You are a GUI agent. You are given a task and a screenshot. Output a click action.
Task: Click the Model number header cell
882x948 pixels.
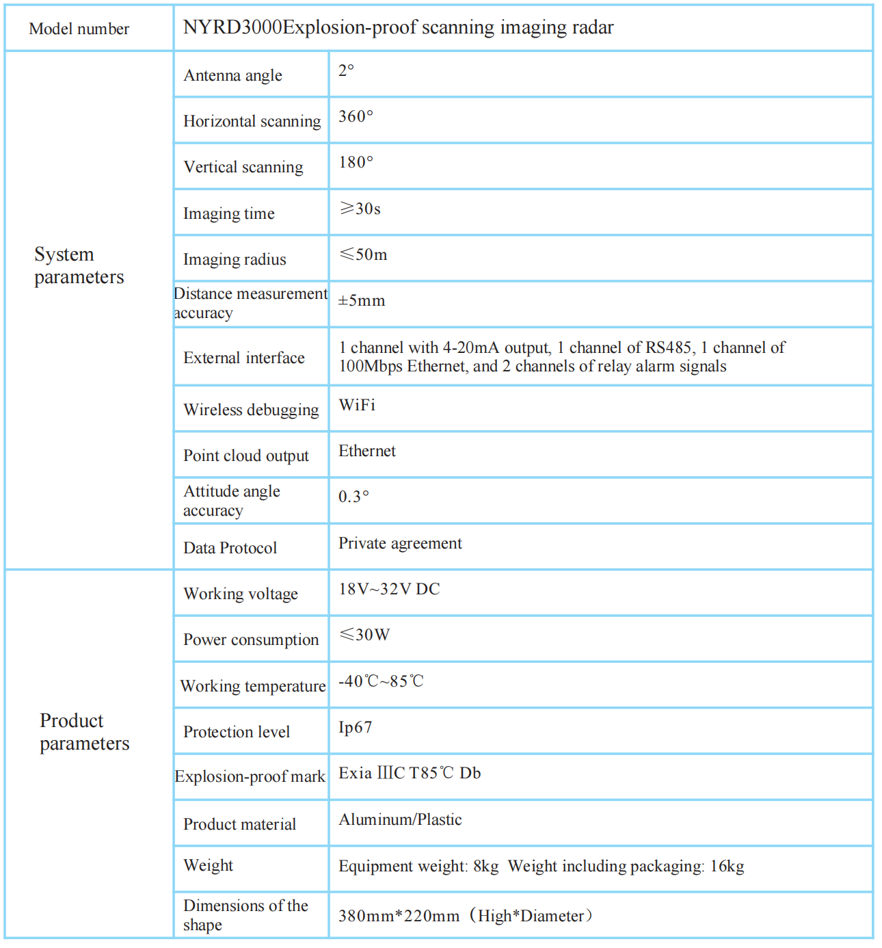pyautogui.click(x=79, y=29)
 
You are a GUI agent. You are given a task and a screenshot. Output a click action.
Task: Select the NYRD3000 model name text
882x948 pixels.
pyautogui.click(x=398, y=27)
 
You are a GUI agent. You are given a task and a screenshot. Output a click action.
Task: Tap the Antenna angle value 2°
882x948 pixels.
pyautogui.click(x=347, y=70)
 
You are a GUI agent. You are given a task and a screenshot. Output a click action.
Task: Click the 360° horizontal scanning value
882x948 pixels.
pyautogui.click(x=356, y=116)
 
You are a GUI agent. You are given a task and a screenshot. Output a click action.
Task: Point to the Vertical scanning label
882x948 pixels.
pyautogui.click(x=243, y=167)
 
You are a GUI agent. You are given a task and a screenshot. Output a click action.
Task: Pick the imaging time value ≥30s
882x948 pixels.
pyautogui.click(x=360, y=209)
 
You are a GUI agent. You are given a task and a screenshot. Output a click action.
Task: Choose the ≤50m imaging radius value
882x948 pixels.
pyautogui.click(x=364, y=254)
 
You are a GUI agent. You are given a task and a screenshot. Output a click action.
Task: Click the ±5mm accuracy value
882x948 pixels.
pyautogui.click(x=362, y=300)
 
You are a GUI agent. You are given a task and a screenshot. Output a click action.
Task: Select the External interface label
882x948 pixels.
pyautogui.click(x=243, y=358)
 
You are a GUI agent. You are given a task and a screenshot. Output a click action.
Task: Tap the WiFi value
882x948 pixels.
pyautogui.click(x=357, y=405)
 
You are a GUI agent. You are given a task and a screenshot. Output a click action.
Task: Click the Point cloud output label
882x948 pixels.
pyautogui.click(x=245, y=456)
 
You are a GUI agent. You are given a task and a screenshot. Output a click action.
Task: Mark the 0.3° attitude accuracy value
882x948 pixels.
pyautogui.click(x=353, y=497)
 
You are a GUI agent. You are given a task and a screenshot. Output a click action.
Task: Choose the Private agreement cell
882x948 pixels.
pyautogui.click(x=400, y=543)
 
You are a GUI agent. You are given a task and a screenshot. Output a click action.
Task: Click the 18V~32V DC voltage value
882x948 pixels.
pyautogui.click(x=389, y=589)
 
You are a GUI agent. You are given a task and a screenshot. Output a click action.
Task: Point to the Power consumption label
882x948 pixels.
pyautogui.click(x=251, y=640)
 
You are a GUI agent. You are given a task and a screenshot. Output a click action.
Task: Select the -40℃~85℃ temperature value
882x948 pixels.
pyautogui.click(x=381, y=681)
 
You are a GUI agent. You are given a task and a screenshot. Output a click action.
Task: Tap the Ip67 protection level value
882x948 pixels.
pyautogui.click(x=355, y=727)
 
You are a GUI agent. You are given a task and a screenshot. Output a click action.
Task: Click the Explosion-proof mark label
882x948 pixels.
pyautogui.click(x=250, y=776)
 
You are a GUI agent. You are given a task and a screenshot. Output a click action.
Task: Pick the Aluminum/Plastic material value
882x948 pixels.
pyautogui.click(x=400, y=819)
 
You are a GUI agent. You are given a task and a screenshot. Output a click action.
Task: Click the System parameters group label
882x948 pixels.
pyautogui.click(x=79, y=265)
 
